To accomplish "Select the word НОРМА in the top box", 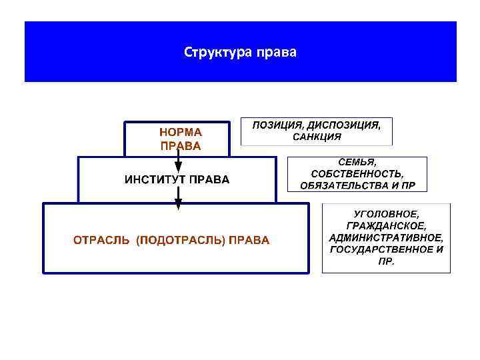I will pyautogui.click(x=180, y=132).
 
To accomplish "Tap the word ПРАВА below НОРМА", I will pyautogui.click(x=180, y=145).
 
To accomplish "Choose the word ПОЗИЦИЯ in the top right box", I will pyautogui.click(x=277, y=125).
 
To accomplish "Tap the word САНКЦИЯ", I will pyautogui.click(x=317, y=137).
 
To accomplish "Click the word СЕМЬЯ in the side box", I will pyautogui.click(x=357, y=162).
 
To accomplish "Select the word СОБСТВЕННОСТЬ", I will pyautogui.click(x=357, y=173).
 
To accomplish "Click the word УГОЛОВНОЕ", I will pyautogui.click(x=386, y=213).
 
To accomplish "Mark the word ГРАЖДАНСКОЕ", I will pyautogui.click(x=386, y=225).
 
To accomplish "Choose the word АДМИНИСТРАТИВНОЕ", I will pyautogui.click(x=386, y=237).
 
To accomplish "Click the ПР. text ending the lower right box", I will pyautogui.click(x=386, y=261).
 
